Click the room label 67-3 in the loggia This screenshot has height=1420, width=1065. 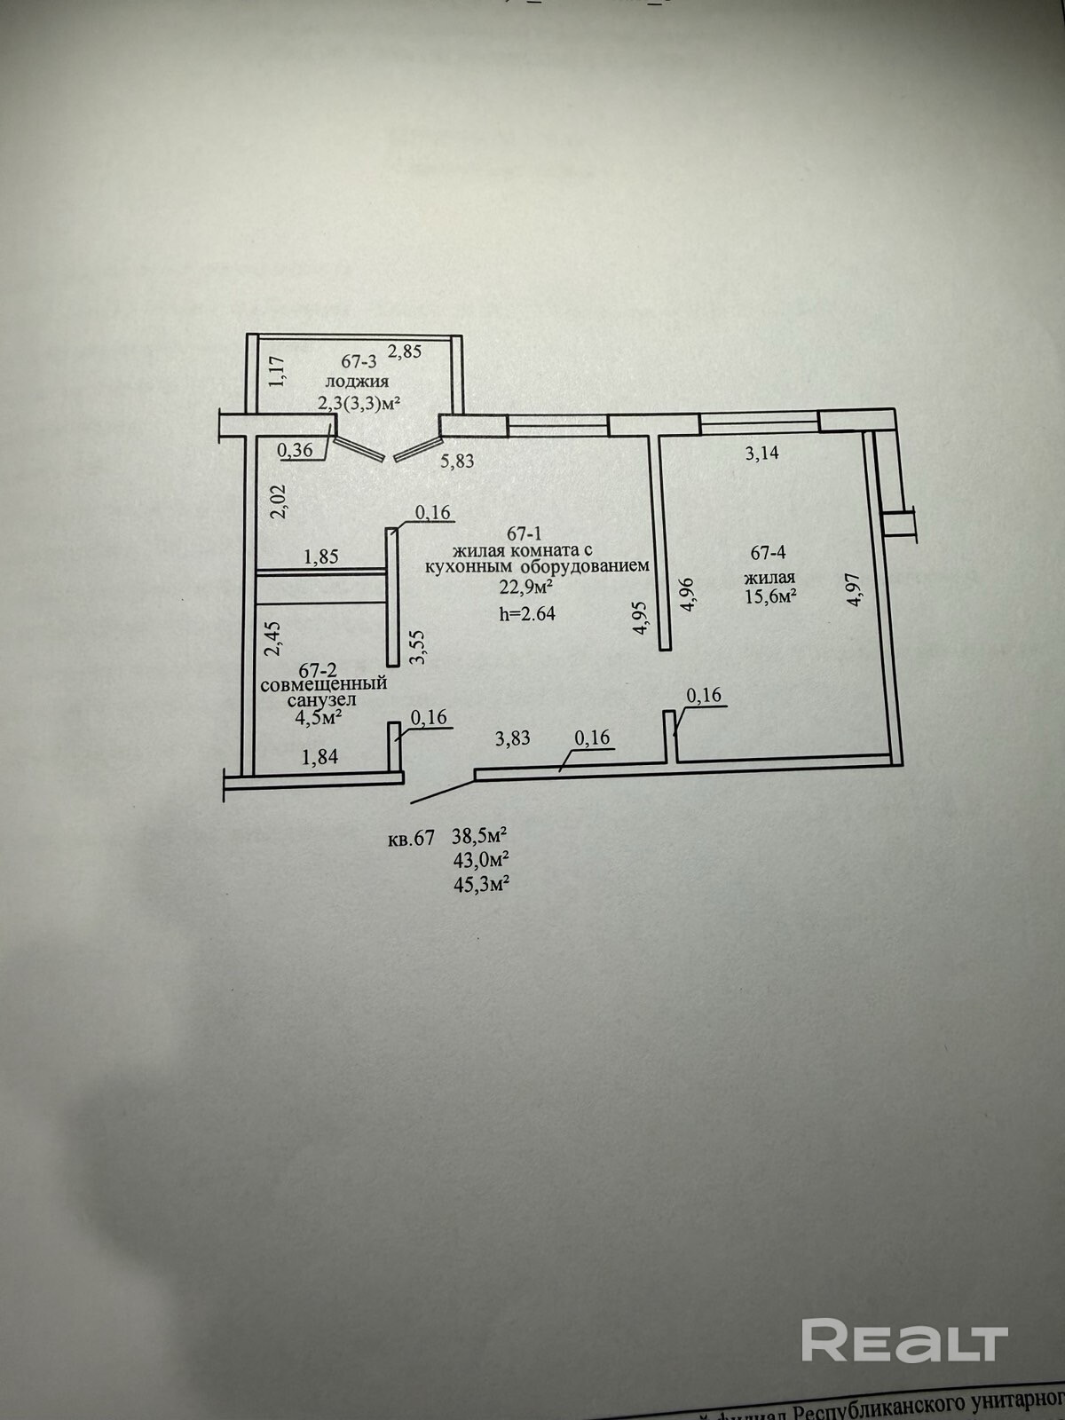[x=359, y=361]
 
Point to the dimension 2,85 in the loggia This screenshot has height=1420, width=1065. [x=406, y=351]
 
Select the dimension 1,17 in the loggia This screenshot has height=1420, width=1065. [x=276, y=370]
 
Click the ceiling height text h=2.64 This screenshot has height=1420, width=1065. [x=527, y=612]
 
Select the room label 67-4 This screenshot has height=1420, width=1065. [x=769, y=553]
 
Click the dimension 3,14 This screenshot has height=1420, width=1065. [x=761, y=453]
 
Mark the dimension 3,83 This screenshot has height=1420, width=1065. [x=513, y=737]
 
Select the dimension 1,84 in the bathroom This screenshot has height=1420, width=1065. [x=320, y=756]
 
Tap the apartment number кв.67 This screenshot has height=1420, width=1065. [x=411, y=837]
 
